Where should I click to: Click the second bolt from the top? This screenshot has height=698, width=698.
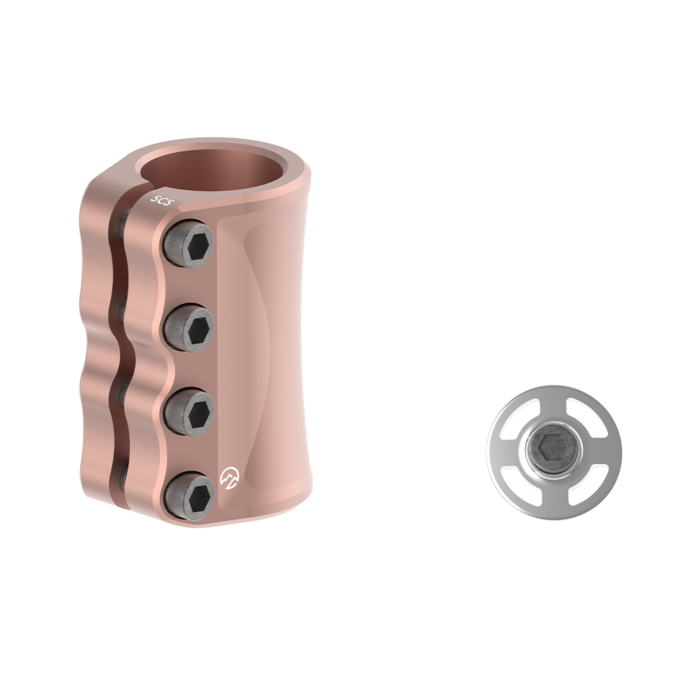pyautogui.click(x=188, y=325)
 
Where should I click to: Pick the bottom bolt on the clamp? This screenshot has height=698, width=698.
pyautogui.click(x=188, y=493)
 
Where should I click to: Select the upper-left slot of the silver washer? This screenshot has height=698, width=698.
pyautogui.click(x=520, y=419)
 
